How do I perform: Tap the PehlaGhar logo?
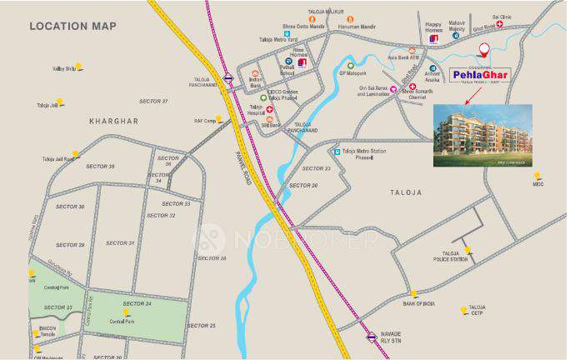point(482,76)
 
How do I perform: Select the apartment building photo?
point(482,135)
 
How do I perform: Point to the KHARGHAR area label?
point(113,121)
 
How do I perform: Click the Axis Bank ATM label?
point(403,71)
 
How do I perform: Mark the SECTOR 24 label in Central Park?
point(137,303)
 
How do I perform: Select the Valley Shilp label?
point(64,68)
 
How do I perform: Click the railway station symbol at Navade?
point(371,337)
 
